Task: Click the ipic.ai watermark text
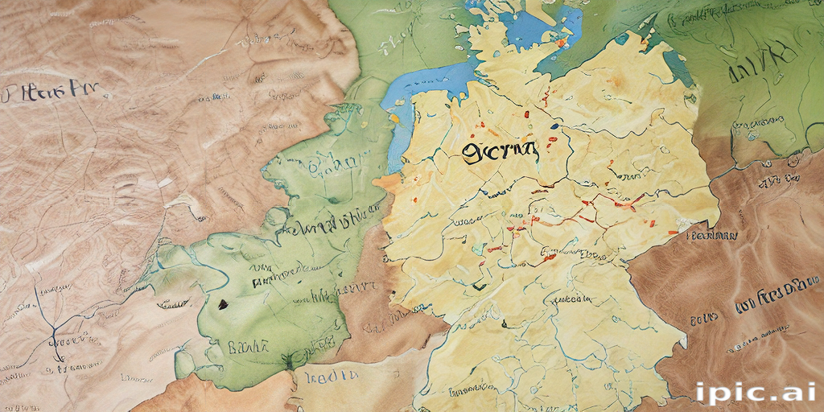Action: (757, 392)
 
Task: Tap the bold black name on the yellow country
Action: (498, 150)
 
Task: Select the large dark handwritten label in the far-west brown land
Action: (45, 91)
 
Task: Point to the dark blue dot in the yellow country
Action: (554, 126)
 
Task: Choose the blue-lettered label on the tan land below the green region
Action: (331, 376)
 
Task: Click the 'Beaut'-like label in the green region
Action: (247, 348)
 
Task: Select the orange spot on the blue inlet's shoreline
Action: (394, 118)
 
